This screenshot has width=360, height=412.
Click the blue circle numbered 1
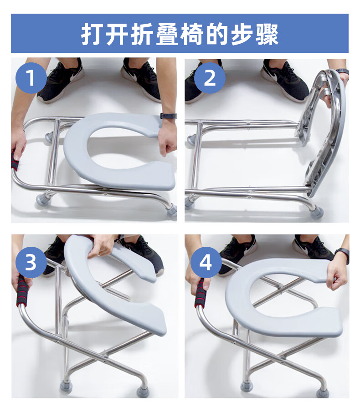(31, 78)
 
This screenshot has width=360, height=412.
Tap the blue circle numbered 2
(210, 78)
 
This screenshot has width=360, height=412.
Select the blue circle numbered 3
(31, 263)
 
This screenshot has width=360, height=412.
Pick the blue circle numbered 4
(206, 263)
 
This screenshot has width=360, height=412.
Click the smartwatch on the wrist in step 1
(168, 116)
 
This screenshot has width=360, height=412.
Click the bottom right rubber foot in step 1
(172, 211)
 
